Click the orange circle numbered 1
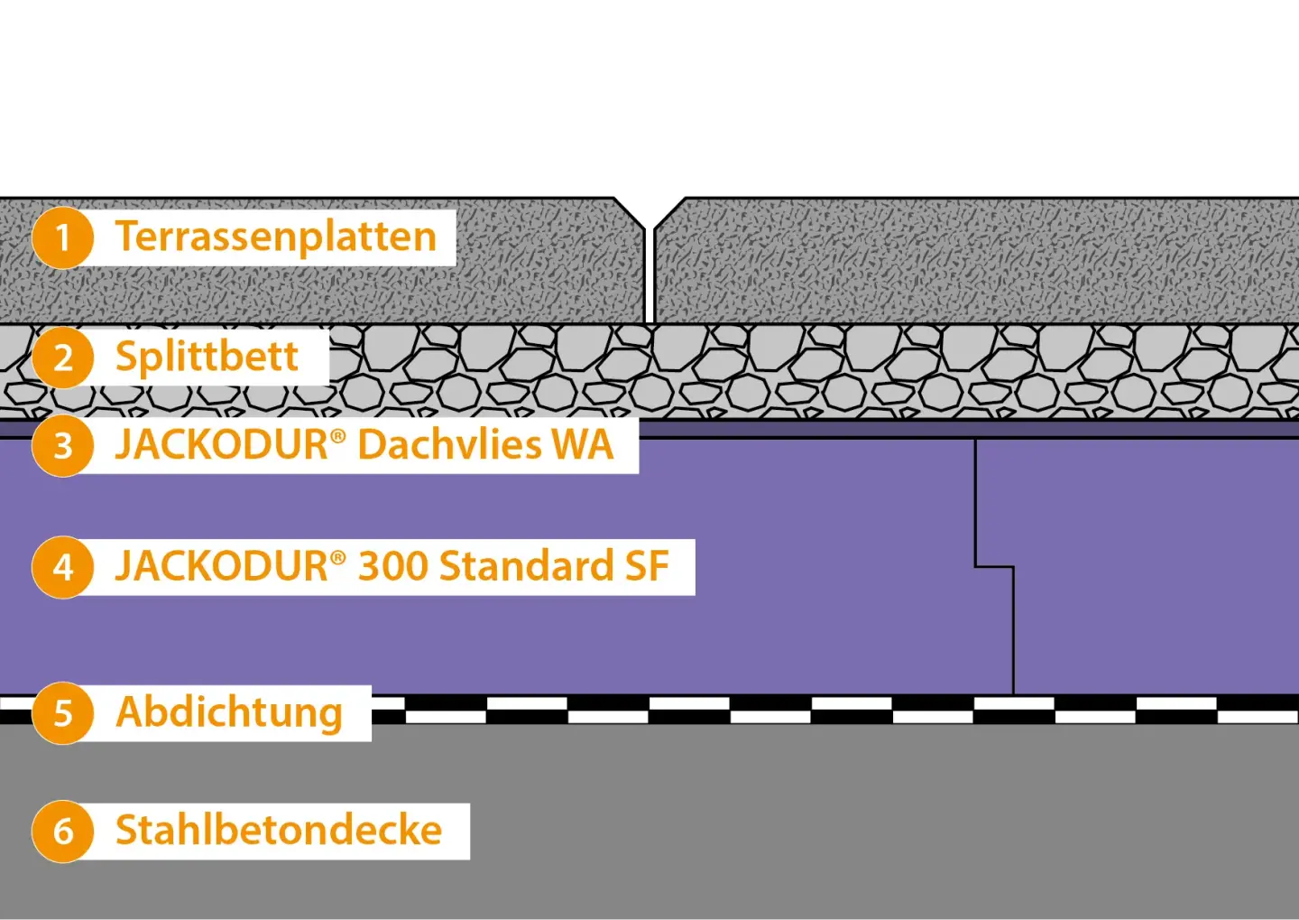(62, 238)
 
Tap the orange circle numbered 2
(62, 358)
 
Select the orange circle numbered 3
(62, 445)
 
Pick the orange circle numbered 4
(62, 567)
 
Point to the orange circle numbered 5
(62, 713)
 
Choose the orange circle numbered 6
(62, 832)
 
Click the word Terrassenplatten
(276, 237)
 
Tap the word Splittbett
(207, 358)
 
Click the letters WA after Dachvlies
(583, 445)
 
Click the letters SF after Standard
(647, 567)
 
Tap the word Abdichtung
(229, 713)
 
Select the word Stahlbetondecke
(279, 831)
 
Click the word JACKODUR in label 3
(222, 445)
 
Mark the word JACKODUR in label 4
(222, 567)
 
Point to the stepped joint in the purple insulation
(994, 567)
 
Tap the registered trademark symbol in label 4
(338, 557)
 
